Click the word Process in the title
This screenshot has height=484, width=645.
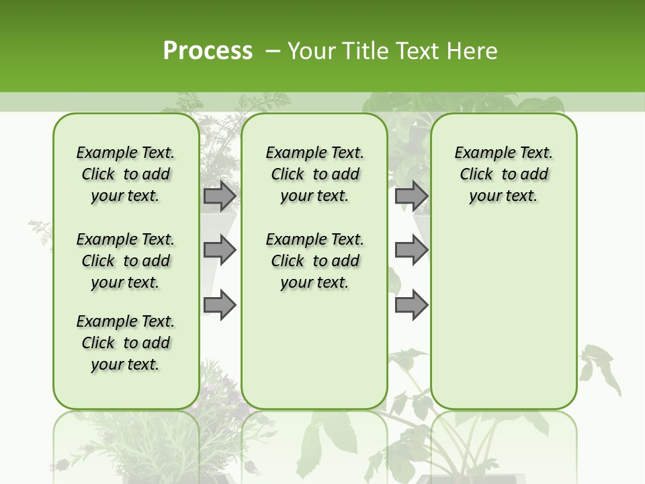[208, 50]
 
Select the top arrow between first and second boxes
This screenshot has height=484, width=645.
[220, 196]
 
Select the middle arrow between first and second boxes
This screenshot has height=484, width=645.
[220, 250]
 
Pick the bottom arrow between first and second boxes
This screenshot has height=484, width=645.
[220, 305]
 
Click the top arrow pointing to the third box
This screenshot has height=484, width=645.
[411, 196]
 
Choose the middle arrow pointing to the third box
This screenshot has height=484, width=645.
[411, 250]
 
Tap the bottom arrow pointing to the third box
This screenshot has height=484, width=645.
[411, 305]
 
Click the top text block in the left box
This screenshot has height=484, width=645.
[126, 174]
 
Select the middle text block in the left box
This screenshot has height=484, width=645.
[126, 261]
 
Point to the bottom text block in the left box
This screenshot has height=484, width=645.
[126, 343]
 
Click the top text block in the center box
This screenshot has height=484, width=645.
[314, 174]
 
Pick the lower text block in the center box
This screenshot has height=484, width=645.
[314, 261]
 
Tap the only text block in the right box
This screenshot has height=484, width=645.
[504, 174]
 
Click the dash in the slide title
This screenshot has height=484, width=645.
[272, 51]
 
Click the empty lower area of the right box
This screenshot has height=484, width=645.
[504, 316]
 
